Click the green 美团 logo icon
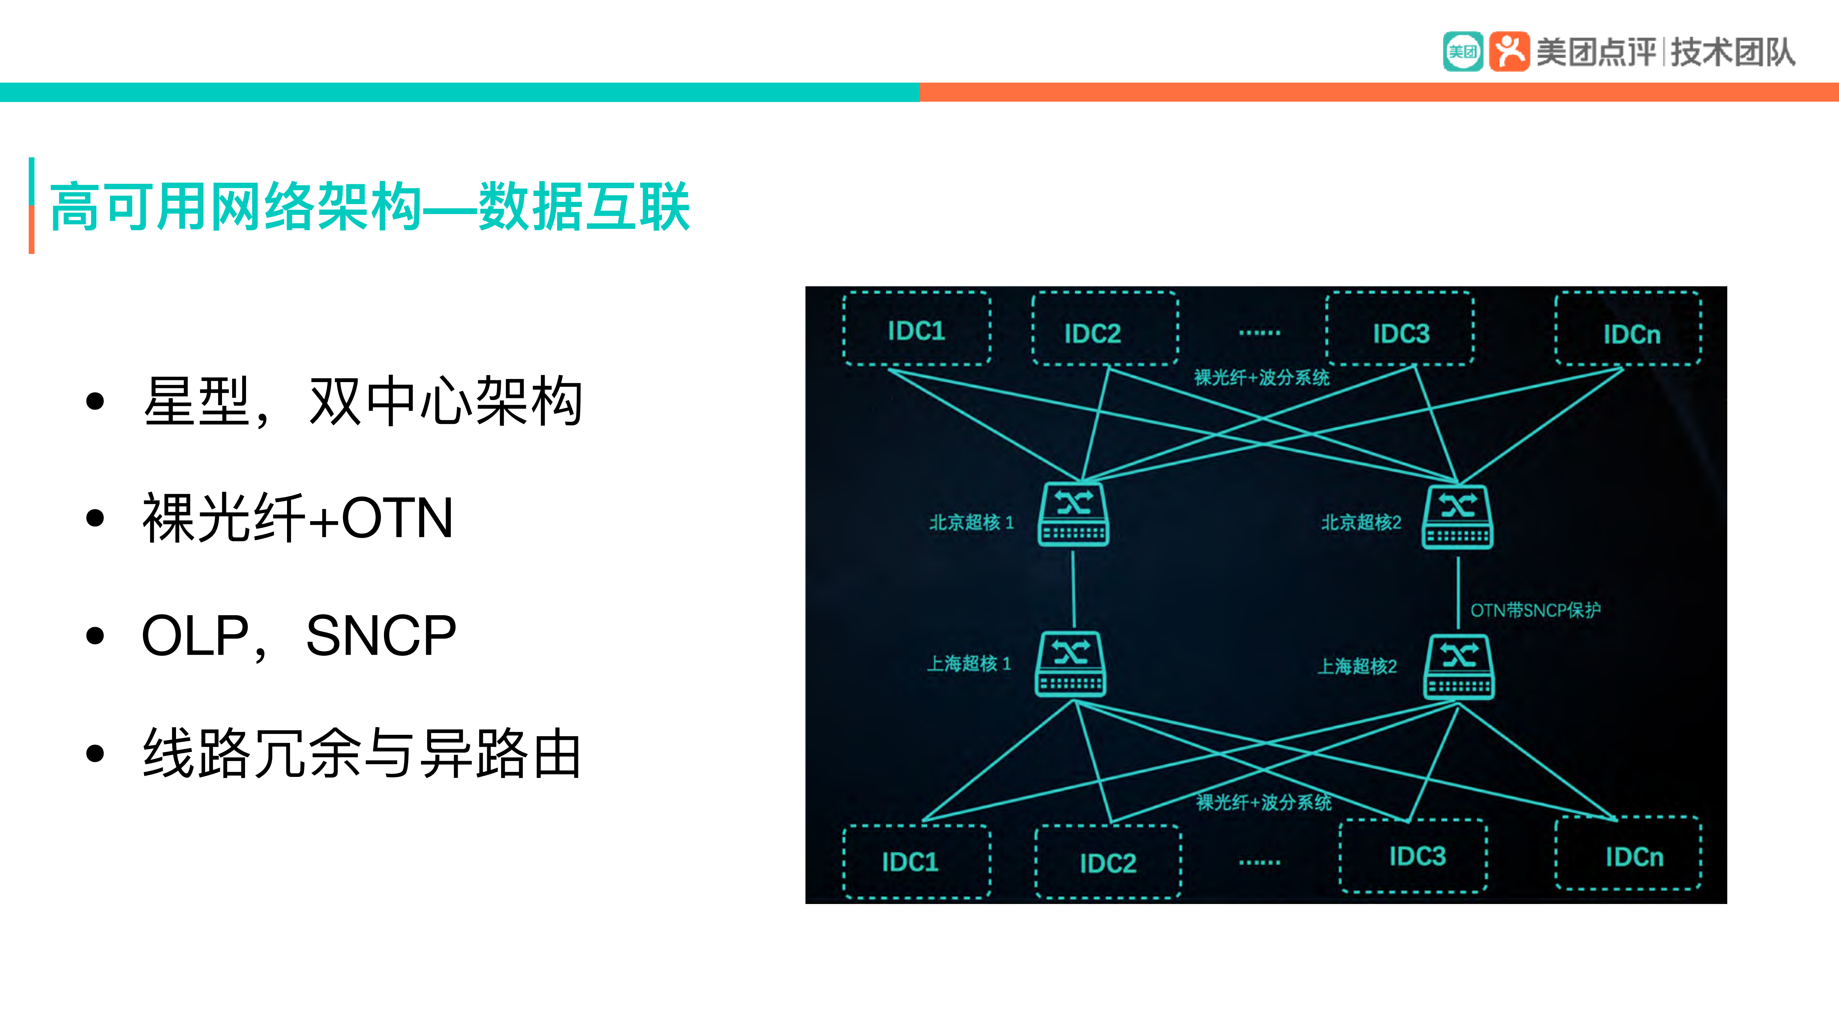pyautogui.click(x=1462, y=51)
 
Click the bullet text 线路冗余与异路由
pyautogui.click(x=362, y=754)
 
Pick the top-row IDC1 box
pyautogui.click(x=917, y=330)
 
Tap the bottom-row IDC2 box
pyautogui.click(x=1108, y=862)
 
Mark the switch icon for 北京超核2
pyautogui.click(x=1457, y=517)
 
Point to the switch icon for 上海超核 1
pyautogui.click(x=1070, y=664)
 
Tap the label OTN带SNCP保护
pyautogui.click(x=1535, y=610)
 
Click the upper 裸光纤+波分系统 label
pyautogui.click(x=1261, y=377)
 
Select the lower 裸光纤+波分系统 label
pyautogui.click(x=1263, y=802)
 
